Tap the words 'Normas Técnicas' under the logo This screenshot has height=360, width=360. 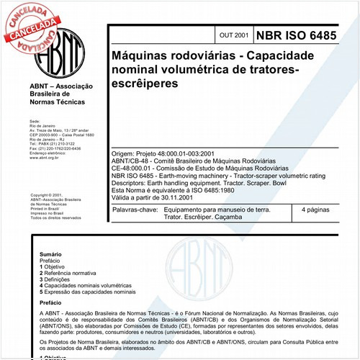(x=57, y=102)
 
